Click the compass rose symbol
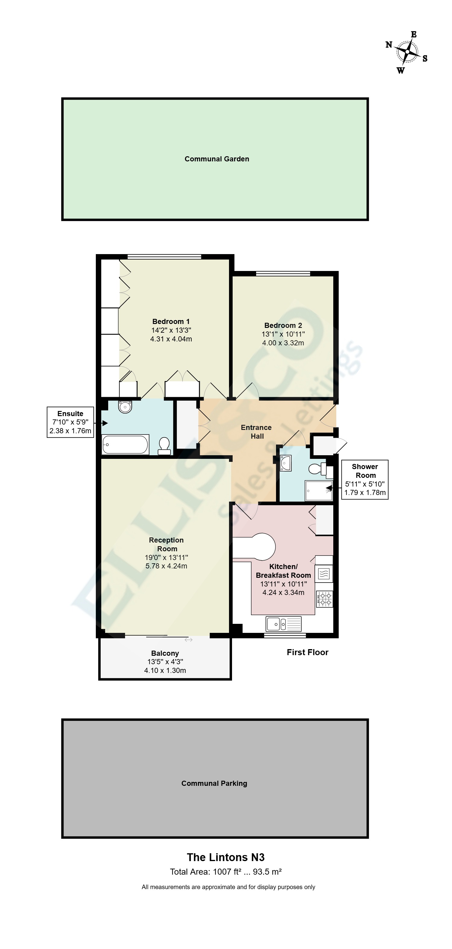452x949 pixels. coord(407,52)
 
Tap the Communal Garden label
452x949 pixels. coord(217,159)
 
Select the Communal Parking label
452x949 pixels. coord(214,783)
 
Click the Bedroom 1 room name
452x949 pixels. coord(171,321)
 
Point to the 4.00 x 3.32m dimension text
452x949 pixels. coord(283,343)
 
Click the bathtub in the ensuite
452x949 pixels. coord(125,445)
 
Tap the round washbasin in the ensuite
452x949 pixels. coord(125,407)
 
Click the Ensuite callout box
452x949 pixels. coord(71,422)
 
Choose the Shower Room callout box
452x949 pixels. coord(365,479)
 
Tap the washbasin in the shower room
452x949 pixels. coord(286,463)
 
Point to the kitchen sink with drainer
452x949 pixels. coord(284,624)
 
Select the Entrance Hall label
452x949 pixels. coord(257,432)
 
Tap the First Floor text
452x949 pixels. coord(307,652)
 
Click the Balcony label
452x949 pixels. coord(165,653)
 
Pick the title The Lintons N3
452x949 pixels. coord(226,857)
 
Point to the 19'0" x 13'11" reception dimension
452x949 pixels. coord(166,557)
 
